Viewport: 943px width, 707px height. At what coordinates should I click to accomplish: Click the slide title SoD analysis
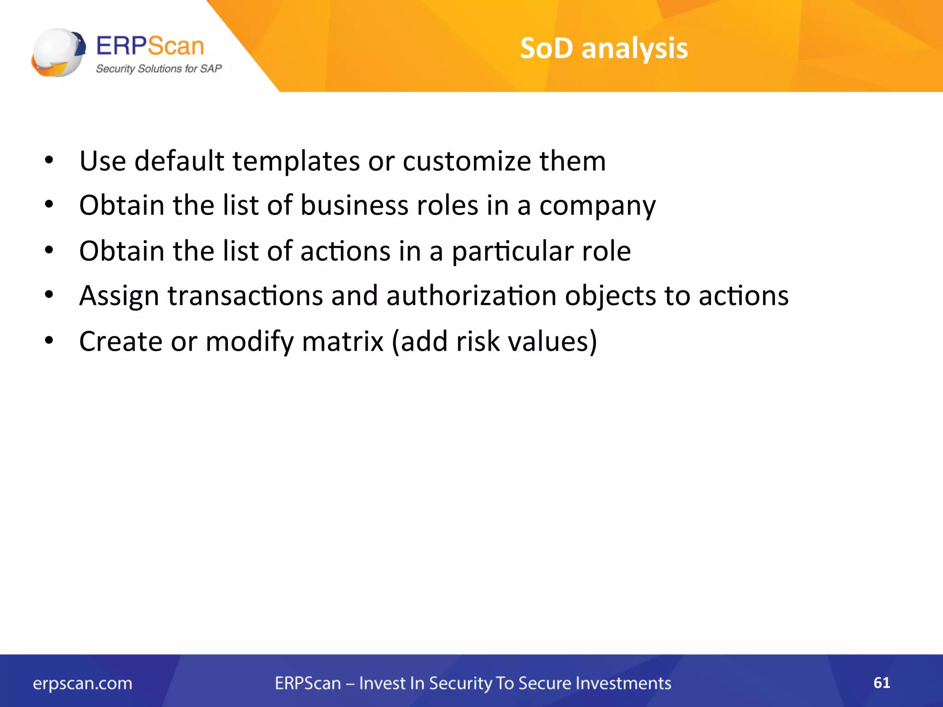pyautogui.click(x=604, y=48)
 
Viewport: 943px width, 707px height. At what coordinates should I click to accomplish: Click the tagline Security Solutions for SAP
pyautogui.click(x=158, y=69)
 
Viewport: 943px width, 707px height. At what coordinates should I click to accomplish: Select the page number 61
pyautogui.click(x=881, y=683)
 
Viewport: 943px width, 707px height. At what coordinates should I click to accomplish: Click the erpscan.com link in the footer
pyautogui.click(x=82, y=684)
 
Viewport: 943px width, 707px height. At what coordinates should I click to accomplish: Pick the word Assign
pyautogui.click(x=119, y=296)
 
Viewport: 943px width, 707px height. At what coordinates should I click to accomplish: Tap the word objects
pyautogui.click(x=610, y=296)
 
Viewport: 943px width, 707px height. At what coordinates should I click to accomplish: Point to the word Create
pyautogui.click(x=121, y=342)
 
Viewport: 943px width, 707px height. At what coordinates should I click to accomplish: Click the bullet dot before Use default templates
pyautogui.click(x=49, y=161)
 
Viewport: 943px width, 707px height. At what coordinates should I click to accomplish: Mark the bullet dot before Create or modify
pyautogui.click(x=49, y=341)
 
